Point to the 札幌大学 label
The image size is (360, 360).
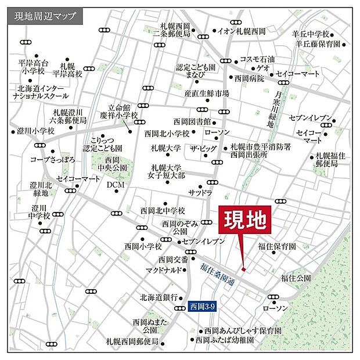tap(166, 148)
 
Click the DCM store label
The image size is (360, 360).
tap(116, 185)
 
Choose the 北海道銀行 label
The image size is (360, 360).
tap(158, 297)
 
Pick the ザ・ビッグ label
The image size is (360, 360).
tap(203, 149)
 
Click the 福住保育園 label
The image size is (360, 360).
tap(278, 246)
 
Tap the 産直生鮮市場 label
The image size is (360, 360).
tap(207, 93)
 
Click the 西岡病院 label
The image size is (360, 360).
tap(249, 78)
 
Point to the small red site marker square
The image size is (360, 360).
tap(244, 269)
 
